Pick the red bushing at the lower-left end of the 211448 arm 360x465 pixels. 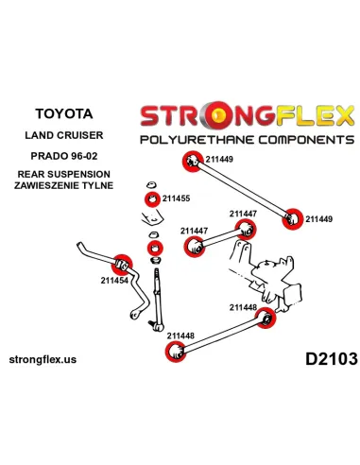[174, 353]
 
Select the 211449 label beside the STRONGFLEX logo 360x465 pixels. [222, 160]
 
